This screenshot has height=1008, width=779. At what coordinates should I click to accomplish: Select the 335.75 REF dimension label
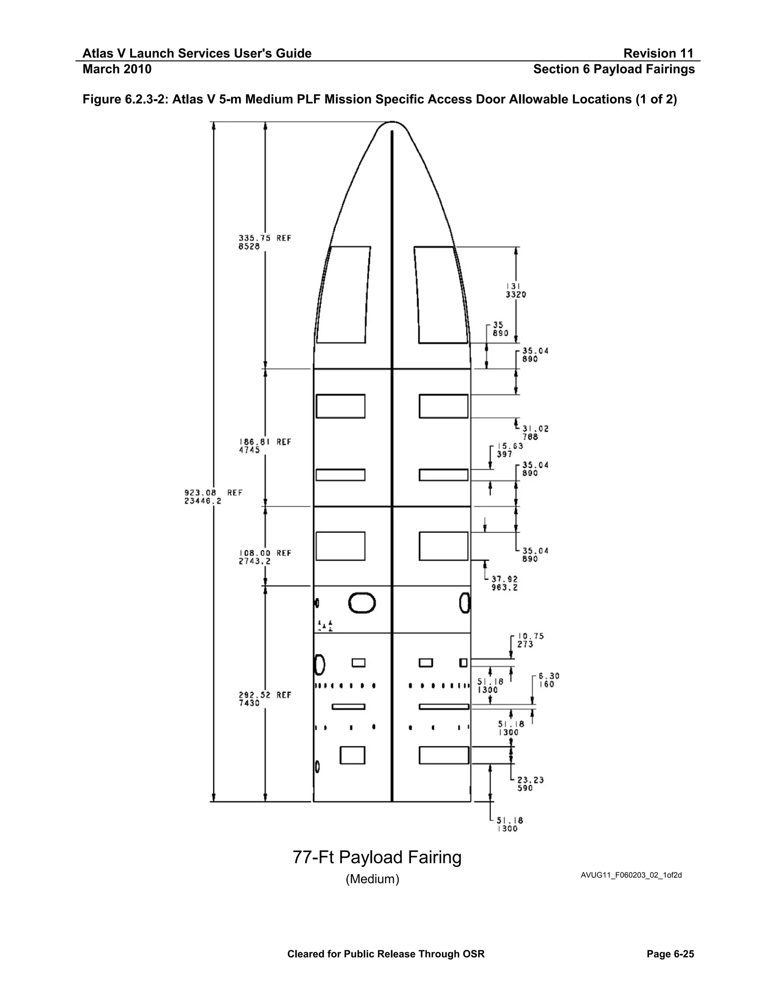[265, 242]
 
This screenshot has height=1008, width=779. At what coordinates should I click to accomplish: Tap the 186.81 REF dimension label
[265, 446]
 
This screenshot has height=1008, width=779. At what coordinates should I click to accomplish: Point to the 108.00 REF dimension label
[265, 557]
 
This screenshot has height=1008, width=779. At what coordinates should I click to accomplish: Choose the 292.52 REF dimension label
[265, 699]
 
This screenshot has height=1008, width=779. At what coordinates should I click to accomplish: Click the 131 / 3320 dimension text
[515, 290]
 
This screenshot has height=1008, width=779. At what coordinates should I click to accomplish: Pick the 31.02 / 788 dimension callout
[535, 432]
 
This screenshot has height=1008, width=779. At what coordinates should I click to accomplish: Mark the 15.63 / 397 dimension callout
[509, 450]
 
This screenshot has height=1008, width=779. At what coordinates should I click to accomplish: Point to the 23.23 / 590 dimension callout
[530, 784]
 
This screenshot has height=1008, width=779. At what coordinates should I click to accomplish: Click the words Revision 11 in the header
[658, 54]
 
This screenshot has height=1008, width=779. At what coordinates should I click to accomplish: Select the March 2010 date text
[117, 69]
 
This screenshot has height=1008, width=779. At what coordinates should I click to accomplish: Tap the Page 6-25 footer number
[670, 954]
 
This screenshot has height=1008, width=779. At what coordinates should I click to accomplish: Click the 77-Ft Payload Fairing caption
[377, 857]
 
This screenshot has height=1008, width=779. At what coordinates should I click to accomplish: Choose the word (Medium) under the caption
[372, 879]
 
